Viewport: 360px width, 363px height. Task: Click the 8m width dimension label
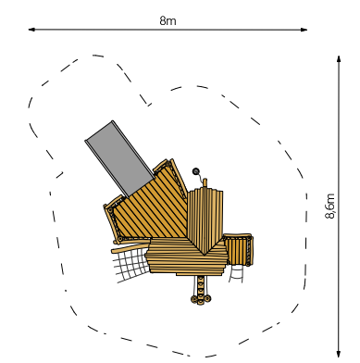click(168, 20)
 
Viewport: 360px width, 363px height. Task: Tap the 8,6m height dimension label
click(329, 206)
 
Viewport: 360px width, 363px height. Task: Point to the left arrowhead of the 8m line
click(31, 30)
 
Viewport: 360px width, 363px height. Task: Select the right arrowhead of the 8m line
click(304, 30)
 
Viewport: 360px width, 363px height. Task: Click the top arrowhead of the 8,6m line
click(339, 59)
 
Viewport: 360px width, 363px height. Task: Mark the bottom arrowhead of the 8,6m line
click(339, 354)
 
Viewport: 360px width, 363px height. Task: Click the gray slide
click(119, 158)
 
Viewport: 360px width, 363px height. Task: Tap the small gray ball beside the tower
click(196, 171)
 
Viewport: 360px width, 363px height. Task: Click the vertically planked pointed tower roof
click(205, 219)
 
